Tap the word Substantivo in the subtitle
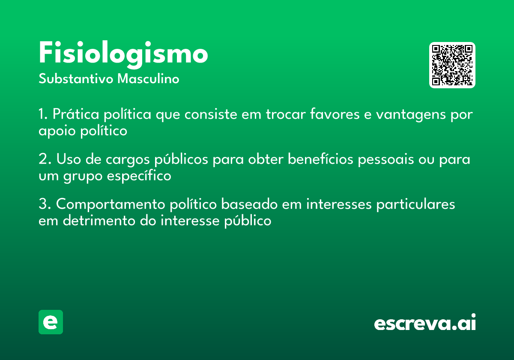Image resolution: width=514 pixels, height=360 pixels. point(76,78)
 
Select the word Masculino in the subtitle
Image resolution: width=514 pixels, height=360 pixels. point(148,78)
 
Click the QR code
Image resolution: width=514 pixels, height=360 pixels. point(452,65)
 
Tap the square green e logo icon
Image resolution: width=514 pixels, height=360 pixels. point(51,322)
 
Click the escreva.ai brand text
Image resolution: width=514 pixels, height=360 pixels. point(425,322)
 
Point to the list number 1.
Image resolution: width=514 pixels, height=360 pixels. point(43,114)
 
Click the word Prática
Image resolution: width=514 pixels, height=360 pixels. point(76,114)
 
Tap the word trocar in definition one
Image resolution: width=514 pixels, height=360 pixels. point(286,114)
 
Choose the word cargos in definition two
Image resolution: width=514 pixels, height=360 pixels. point(128,160)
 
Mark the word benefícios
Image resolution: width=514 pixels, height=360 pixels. point(320,159)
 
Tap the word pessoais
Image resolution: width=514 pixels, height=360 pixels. point(386,160)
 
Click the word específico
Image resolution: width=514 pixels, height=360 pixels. point(139,176)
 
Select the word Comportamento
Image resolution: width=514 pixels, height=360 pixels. point(111,204)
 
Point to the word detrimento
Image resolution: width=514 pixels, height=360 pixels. point(99,220)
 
